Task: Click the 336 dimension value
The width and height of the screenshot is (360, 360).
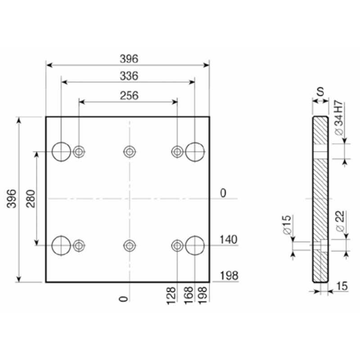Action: click(x=129, y=76)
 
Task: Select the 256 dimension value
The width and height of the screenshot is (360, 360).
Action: click(x=129, y=95)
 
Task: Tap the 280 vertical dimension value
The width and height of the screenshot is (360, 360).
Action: click(x=31, y=198)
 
